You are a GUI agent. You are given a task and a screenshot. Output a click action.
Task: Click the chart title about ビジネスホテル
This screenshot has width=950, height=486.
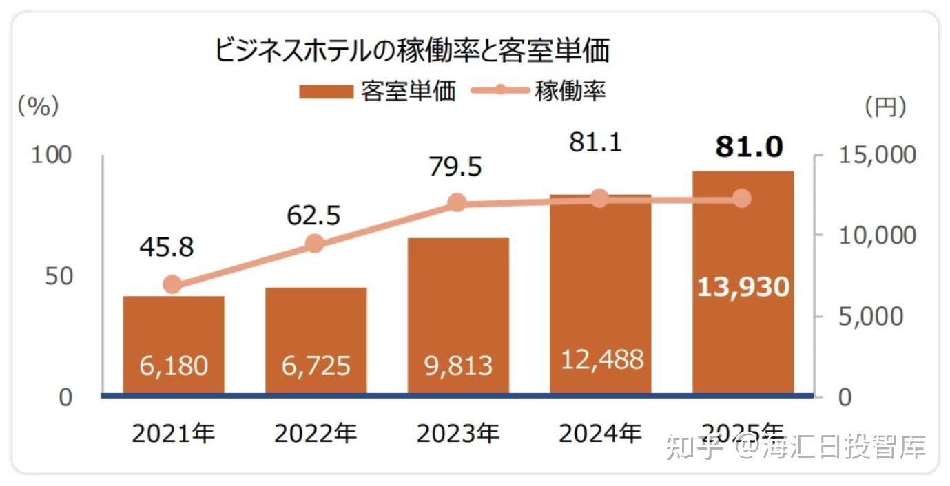point(412,51)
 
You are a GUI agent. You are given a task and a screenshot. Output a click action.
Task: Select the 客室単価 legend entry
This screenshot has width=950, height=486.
point(377,92)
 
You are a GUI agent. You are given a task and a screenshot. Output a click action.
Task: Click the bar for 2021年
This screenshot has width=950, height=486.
point(174,344)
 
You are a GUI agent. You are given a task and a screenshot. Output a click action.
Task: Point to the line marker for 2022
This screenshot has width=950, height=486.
point(315,244)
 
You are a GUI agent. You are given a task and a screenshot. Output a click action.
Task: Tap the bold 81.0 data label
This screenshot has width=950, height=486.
point(749,147)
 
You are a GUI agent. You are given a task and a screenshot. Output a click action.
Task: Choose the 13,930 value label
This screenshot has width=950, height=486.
point(743,286)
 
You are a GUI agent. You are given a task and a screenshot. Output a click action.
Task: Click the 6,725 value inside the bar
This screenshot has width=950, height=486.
point(316,366)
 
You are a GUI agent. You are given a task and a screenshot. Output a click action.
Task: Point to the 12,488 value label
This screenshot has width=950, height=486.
point(600,359)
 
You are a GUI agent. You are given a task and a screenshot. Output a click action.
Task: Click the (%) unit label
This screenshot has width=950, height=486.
point(38,106)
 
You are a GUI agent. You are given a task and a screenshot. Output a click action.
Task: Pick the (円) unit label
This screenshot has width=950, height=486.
point(885,106)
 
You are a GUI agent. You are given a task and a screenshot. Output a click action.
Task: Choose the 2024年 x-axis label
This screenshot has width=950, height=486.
point(600,434)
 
